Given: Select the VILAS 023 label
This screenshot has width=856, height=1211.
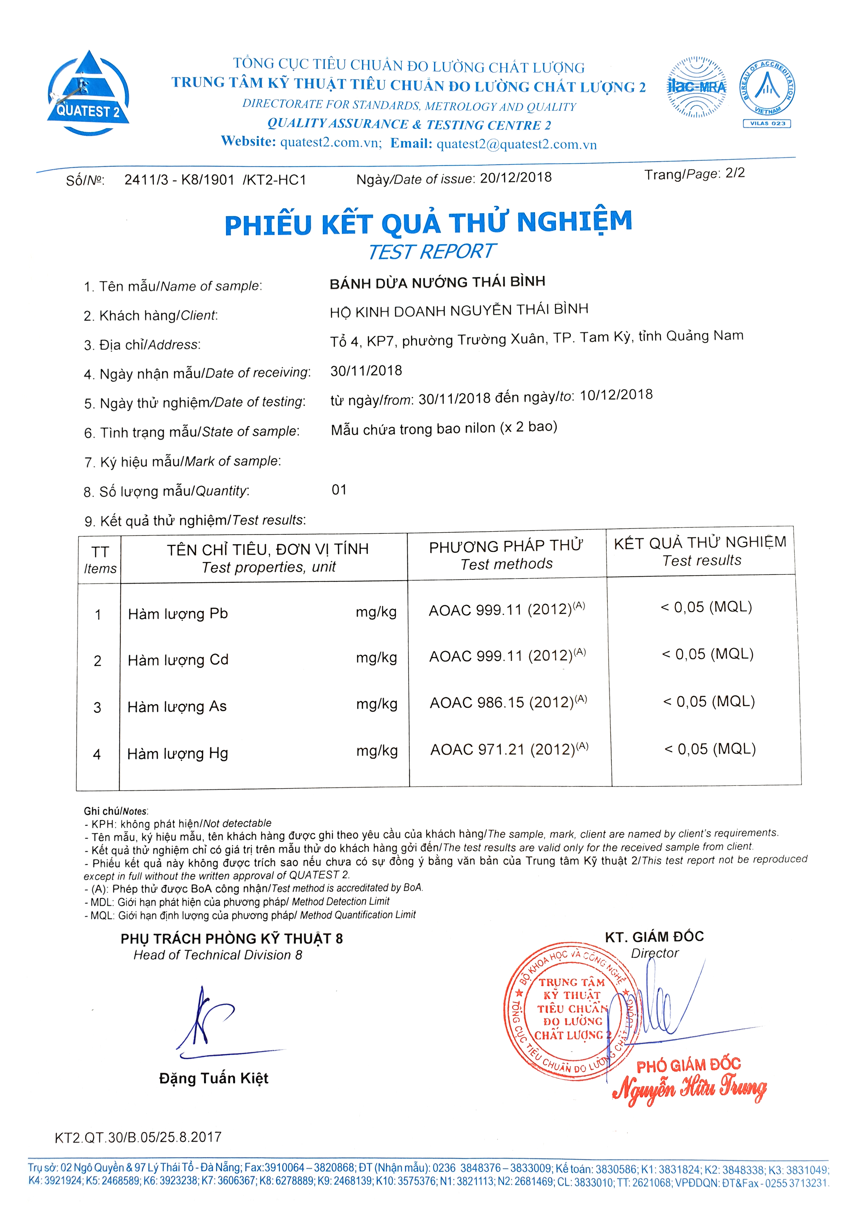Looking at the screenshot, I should [x=767, y=124].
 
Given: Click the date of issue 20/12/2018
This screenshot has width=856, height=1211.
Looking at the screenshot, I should [x=515, y=178].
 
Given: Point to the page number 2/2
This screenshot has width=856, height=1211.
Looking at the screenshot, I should [x=735, y=173].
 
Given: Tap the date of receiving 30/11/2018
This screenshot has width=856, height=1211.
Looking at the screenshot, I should [x=366, y=371].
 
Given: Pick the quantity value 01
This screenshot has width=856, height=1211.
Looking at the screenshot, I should [x=339, y=490].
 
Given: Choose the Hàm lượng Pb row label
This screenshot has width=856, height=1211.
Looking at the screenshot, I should [x=178, y=614].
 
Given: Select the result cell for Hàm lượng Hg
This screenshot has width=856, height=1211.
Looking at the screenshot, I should [x=710, y=749].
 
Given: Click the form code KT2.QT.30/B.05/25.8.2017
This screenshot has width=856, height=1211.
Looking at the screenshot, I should [x=138, y=1137].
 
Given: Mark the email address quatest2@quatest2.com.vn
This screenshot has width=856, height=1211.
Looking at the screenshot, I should [x=516, y=145].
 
